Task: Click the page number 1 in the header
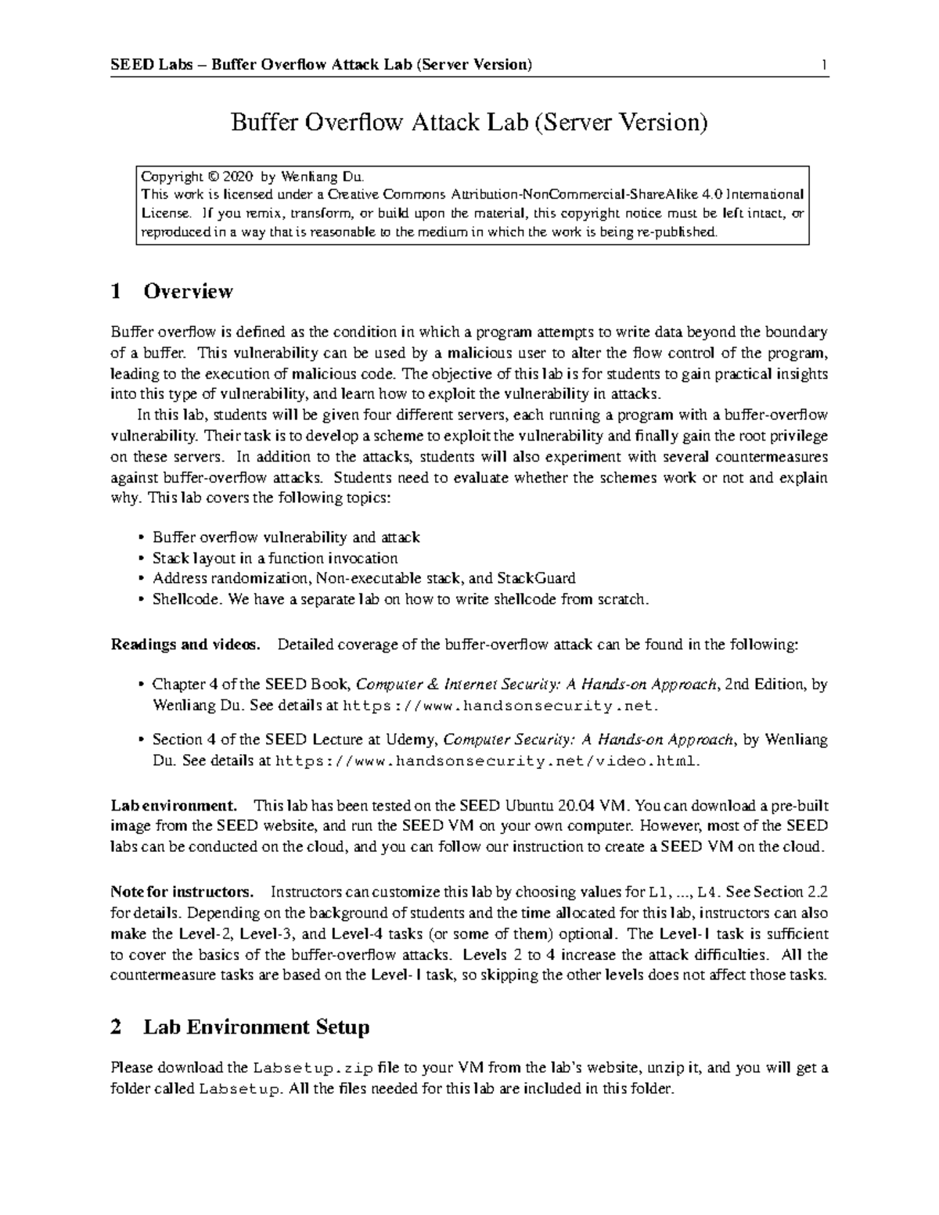(x=824, y=64)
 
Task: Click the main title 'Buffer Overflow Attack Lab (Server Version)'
(x=468, y=123)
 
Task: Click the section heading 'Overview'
(x=188, y=292)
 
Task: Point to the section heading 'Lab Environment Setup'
(x=256, y=1027)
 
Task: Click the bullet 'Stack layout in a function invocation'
(x=275, y=558)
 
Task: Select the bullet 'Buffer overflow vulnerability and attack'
(x=286, y=537)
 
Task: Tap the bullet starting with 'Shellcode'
(x=401, y=599)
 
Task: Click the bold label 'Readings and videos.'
(x=185, y=645)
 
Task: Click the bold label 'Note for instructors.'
(x=182, y=892)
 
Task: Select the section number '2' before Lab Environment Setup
(x=117, y=1027)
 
